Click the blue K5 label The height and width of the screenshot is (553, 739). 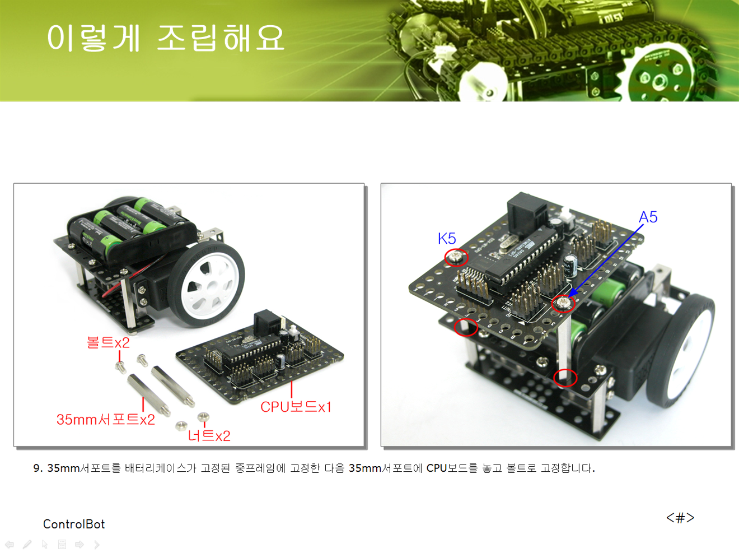tap(447, 239)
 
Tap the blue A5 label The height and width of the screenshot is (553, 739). tap(648, 217)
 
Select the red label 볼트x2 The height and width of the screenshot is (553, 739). tap(109, 342)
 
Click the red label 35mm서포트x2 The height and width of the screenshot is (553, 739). tap(106, 420)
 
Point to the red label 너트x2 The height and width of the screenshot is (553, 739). tap(209, 436)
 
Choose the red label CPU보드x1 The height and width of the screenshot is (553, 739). tap(296, 407)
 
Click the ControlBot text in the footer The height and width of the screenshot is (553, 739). tap(74, 524)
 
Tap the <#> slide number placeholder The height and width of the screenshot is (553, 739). tap(680, 518)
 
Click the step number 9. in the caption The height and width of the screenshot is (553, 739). tap(38, 468)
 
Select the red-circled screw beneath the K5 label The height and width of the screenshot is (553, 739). tap(456, 258)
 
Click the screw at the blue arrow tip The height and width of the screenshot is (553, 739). tap(563, 304)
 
